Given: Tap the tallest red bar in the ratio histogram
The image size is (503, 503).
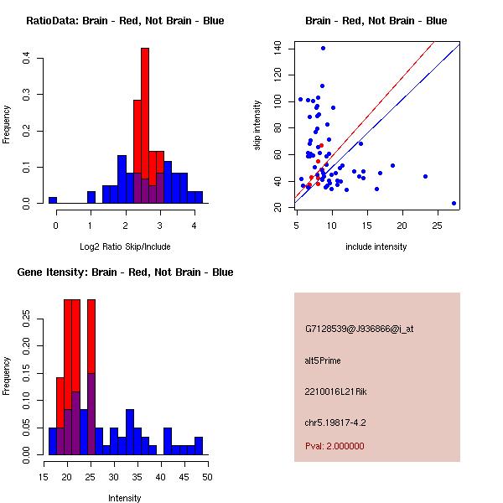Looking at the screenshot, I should tap(145, 126).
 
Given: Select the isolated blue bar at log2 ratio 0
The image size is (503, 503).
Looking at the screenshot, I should tap(53, 200).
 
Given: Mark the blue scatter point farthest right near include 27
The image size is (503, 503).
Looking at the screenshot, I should tap(454, 203).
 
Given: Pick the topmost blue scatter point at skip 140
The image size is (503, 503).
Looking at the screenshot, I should tap(323, 48).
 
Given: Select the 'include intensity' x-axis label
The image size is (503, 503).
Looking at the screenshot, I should tap(376, 246).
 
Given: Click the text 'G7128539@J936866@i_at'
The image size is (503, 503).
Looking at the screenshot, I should tap(359, 329).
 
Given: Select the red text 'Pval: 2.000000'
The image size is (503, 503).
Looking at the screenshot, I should tap(334, 446).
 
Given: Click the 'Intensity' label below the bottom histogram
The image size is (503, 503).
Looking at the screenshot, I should tap(125, 498).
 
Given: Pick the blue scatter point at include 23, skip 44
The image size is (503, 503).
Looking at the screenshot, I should tap(425, 176).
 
